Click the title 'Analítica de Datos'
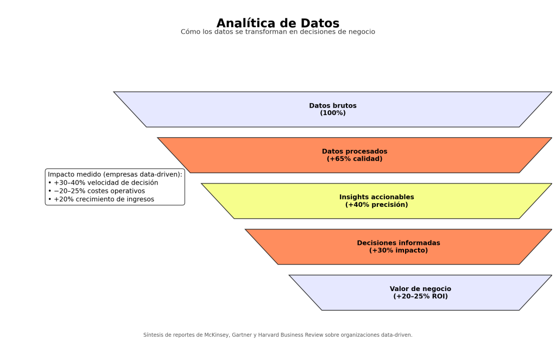click(277, 23)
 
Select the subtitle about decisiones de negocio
click(277, 32)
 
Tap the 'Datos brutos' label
click(333, 105)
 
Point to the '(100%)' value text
click(333, 113)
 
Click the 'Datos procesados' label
click(355, 151)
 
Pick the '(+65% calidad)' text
click(355, 159)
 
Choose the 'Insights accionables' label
click(376, 197)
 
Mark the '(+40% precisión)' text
click(376, 205)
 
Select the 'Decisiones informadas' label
click(399, 243)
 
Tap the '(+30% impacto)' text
click(399, 250)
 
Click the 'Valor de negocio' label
click(420, 288)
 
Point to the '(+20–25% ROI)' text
click(420, 296)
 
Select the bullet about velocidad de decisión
click(103, 182)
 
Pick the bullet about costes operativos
click(97, 191)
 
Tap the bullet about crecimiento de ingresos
click(101, 199)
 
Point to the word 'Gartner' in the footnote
click(242, 335)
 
